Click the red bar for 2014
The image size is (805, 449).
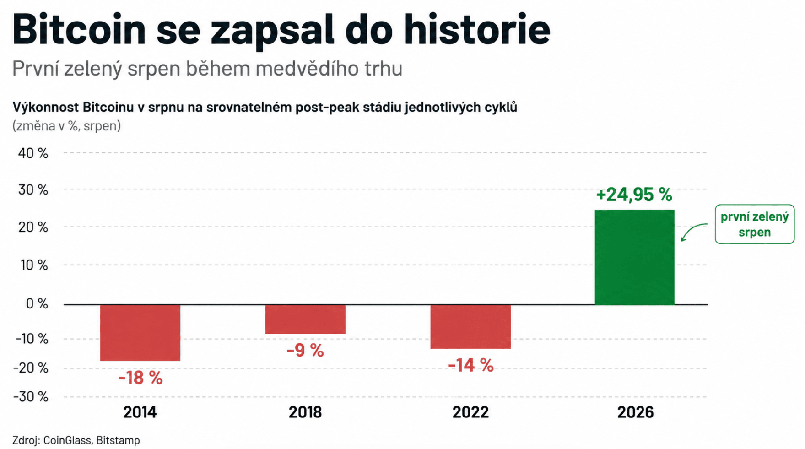pos(140,333)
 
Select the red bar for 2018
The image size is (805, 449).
pos(305,319)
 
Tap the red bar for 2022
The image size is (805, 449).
pos(470,327)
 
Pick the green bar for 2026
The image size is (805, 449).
pos(634,257)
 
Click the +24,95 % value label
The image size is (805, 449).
pos(634,195)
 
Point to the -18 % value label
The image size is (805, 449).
pos(140,378)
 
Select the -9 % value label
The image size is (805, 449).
pos(305,351)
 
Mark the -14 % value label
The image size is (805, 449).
pos(470,365)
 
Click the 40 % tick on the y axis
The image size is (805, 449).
pos(33,153)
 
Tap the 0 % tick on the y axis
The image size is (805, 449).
pos(37,303)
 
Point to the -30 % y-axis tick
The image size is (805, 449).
pos(30,396)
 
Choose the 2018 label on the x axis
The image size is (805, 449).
pos(305,412)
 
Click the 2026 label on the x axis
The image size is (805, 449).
pos(635,412)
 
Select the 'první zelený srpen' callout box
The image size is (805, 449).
pos(755,224)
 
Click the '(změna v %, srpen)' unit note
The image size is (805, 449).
pos(67,126)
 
